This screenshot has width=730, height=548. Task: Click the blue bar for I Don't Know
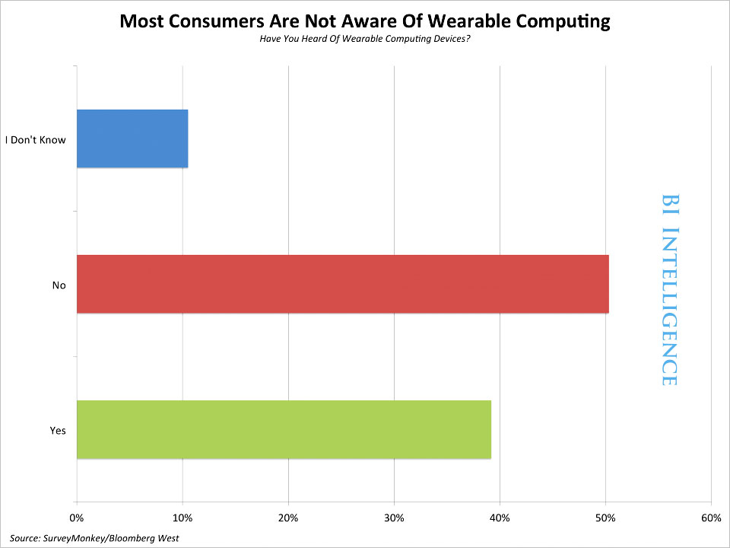click(132, 139)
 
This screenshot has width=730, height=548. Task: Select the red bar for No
click(343, 284)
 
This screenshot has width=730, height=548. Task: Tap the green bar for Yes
click(284, 429)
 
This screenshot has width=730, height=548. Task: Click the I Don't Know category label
click(36, 140)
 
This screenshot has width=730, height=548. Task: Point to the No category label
click(59, 285)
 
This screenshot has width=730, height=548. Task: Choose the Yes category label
click(58, 431)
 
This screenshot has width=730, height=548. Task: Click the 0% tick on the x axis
click(76, 518)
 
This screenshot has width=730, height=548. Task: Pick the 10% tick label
click(182, 518)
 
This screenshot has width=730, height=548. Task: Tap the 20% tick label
click(288, 518)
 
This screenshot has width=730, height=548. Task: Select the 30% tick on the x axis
click(394, 518)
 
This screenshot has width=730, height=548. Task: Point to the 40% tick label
click(500, 518)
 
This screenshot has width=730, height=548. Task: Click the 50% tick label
click(605, 518)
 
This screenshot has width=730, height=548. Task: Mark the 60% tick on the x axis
click(711, 518)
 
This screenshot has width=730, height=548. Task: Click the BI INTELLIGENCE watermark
click(669, 290)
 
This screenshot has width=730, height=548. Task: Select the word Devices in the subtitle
click(452, 39)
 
